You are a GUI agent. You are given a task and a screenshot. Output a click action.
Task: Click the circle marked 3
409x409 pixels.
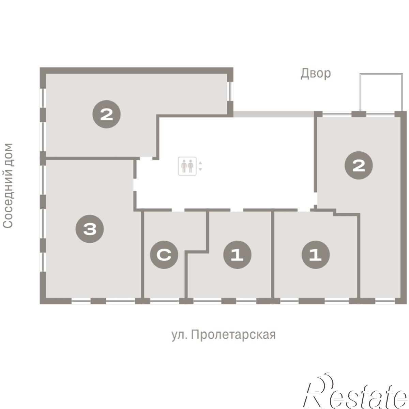tap(90, 229)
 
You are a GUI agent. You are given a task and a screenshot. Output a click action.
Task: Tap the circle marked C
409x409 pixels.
tap(164, 255)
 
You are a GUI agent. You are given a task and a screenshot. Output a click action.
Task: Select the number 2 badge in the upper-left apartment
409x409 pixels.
tap(106, 114)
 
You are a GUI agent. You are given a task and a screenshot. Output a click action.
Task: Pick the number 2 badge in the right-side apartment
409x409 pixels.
tap(358, 165)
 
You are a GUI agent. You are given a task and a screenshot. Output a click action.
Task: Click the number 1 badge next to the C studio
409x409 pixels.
tap(237, 255)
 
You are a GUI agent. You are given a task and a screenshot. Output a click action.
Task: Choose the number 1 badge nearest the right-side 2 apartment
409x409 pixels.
tap(315, 255)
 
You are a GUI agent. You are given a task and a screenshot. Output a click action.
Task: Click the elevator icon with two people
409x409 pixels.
tap(187, 166)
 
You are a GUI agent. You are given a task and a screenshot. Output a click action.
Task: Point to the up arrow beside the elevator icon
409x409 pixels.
tap(200, 163)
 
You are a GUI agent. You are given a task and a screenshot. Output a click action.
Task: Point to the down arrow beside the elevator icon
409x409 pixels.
tap(200, 169)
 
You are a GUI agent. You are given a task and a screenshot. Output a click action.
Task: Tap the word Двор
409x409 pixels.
tap(316, 73)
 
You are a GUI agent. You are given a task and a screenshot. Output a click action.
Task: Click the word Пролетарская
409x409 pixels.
tap(233, 335)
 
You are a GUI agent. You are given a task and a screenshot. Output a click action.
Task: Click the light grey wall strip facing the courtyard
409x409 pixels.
tap(274, 114)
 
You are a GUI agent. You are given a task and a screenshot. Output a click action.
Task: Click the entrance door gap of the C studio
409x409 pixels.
tap(178, 210)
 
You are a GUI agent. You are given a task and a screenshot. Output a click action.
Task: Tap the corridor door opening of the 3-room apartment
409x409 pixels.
tap(135, 185)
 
